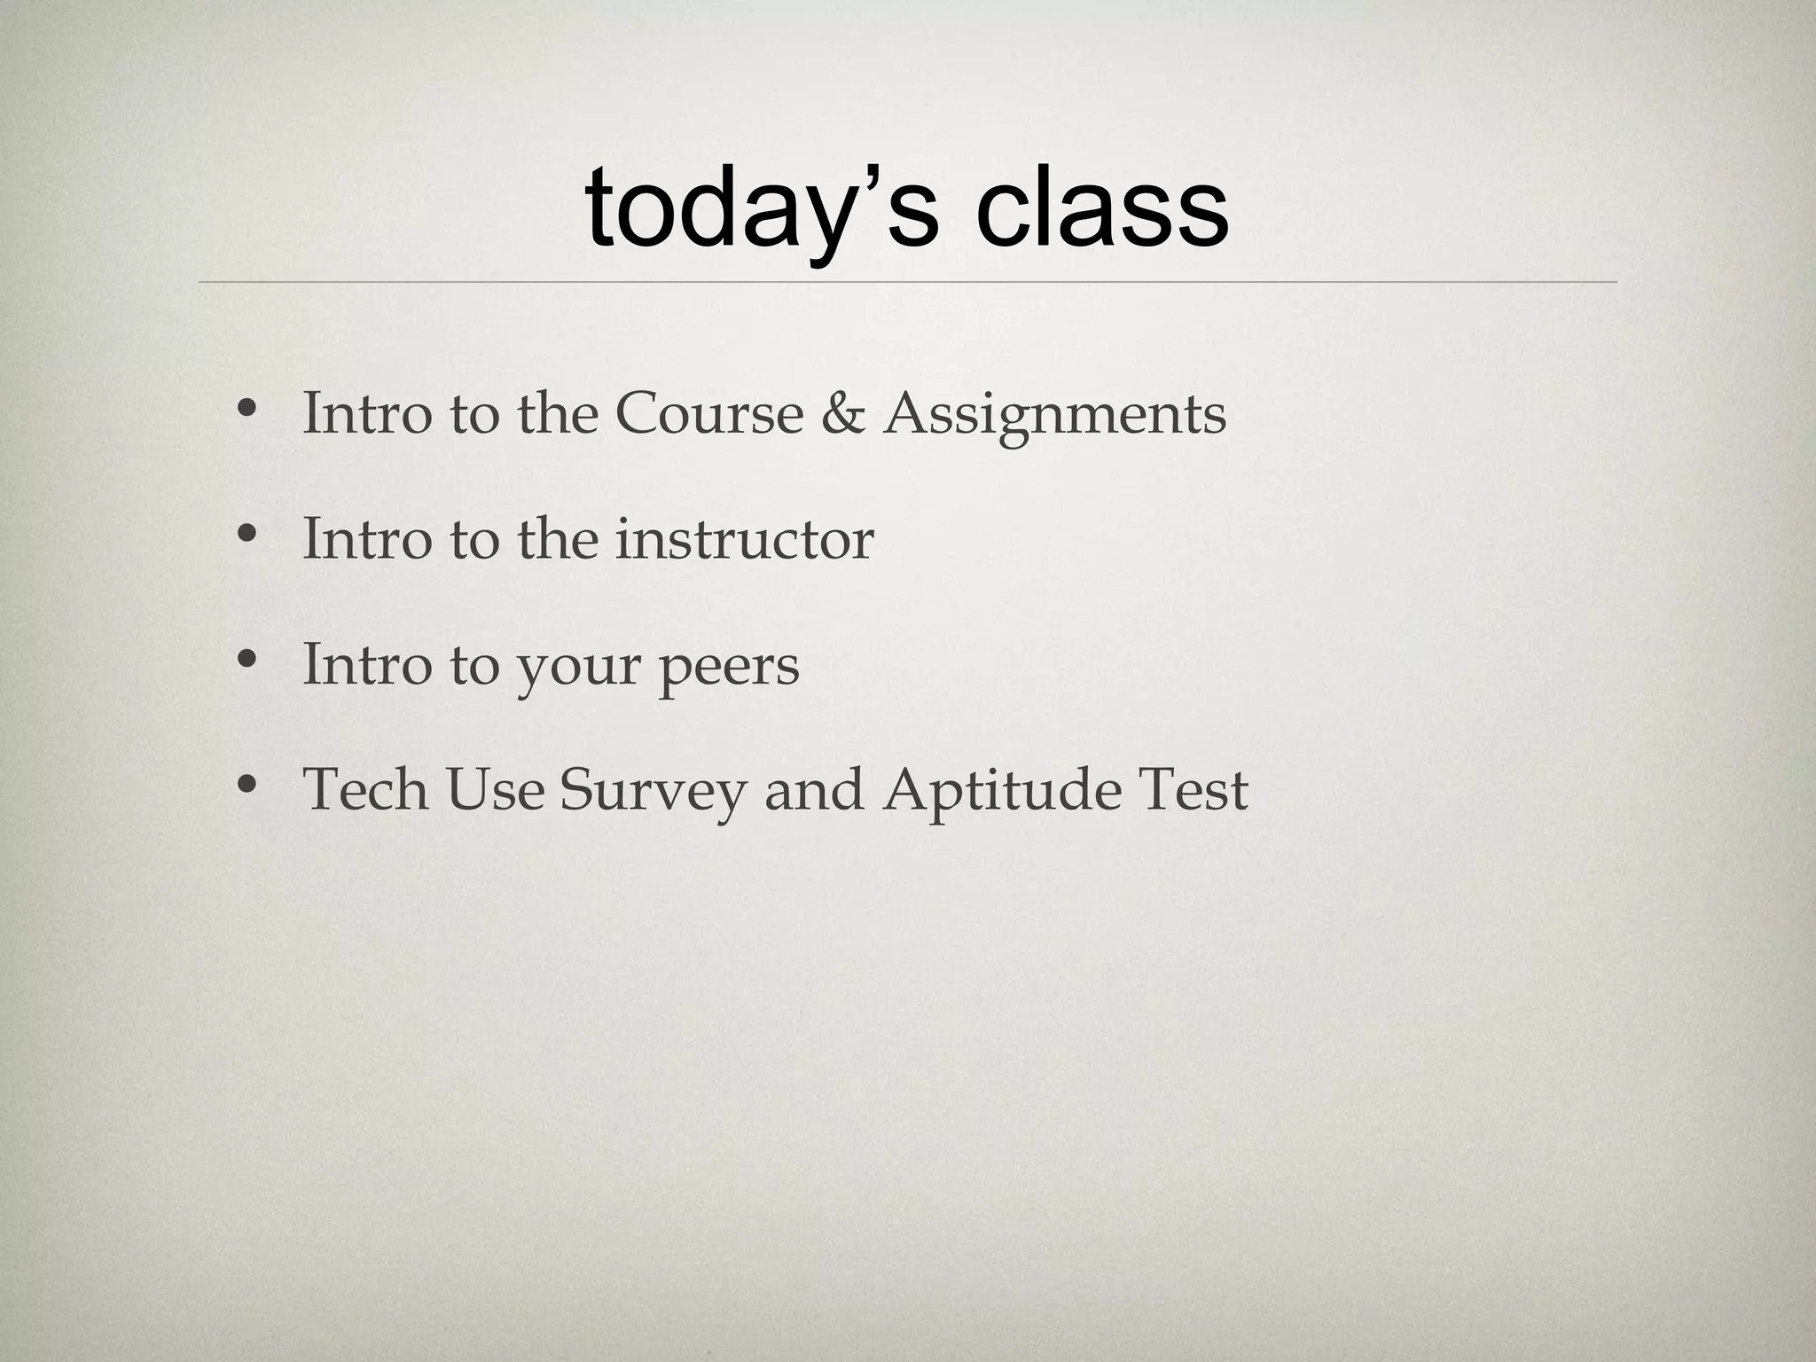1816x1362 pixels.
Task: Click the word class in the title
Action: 1102,209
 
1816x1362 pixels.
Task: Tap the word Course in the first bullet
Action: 708,413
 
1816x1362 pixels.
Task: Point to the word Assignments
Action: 1054,415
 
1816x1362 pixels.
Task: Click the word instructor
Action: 744,539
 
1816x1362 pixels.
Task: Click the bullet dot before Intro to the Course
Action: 247,409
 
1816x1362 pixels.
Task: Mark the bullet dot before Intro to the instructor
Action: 247,535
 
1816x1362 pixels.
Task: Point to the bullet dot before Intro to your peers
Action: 247,660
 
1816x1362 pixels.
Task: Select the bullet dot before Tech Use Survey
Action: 247,785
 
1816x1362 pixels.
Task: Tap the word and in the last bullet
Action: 813,789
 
